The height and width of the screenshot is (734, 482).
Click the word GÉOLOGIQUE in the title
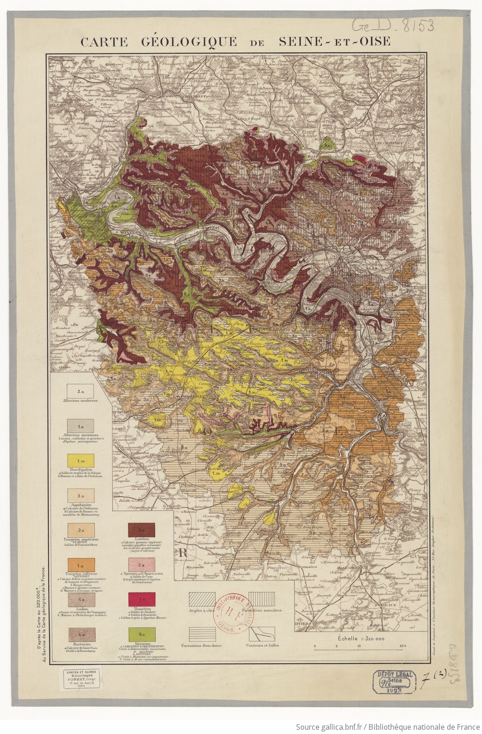[189, 41]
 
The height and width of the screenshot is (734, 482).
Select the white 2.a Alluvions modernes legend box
[80, 390]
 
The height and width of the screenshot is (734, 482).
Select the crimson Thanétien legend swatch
[141, 598]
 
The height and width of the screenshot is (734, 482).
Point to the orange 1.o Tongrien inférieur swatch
[80, 564]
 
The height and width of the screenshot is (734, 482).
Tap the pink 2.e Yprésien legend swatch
[141, 564]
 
